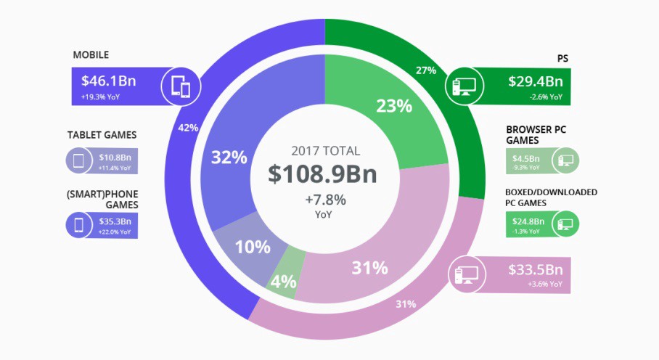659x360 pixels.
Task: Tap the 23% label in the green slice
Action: [x=394, y=106]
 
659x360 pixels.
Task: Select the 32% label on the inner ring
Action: [x=229, y=157]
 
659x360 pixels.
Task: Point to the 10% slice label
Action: [x=252, y=247]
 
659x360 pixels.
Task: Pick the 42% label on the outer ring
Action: [x=188, y=128]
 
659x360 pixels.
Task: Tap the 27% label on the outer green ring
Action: [x=426, y=70]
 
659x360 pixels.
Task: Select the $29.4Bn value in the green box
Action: [x=535, y=81]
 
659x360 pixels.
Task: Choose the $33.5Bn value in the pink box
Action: [x=536, y=271]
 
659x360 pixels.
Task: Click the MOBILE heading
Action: [x=91, y=54]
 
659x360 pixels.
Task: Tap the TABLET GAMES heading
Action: [x=102, y=135]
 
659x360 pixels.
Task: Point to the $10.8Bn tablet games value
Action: [x=115, y=157]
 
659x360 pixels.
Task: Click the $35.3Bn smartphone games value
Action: [x=115, y=221]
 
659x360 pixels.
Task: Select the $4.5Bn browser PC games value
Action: [x=525, y=157]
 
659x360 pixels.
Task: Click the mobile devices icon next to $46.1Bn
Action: [x=181, y=86]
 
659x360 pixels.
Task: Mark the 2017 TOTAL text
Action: [x=325, y=152]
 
